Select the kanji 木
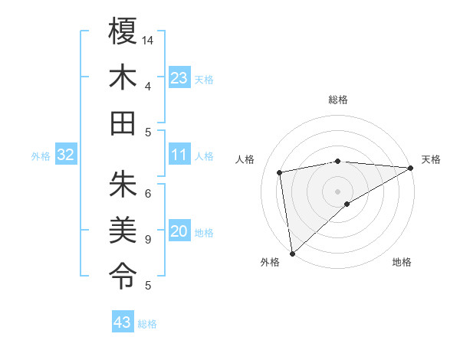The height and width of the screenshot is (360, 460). [x=123, y=77]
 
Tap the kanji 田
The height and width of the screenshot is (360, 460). [x=123, y=123]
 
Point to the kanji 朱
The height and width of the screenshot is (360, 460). [x=123, y=184]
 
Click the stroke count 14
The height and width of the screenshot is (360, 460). [x=148, y=39]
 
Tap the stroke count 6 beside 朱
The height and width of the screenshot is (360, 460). [x=147, y=193]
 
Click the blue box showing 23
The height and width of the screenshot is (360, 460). [x=179, y=78]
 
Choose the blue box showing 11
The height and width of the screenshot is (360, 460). [x=179, y=155]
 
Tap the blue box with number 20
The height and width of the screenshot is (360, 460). [x=179, y=232]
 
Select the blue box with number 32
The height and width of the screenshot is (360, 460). [x=65, y=155]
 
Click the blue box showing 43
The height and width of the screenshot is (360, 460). [x=122, y=322]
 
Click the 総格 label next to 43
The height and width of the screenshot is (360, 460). [x=148, y=324]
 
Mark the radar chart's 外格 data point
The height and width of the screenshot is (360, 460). [x=292, y=253]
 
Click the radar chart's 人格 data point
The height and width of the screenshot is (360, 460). [x=281, y=172]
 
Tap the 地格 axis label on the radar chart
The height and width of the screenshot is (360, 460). [x=402, y=263]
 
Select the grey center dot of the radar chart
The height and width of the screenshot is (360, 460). [x=337, y=190]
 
